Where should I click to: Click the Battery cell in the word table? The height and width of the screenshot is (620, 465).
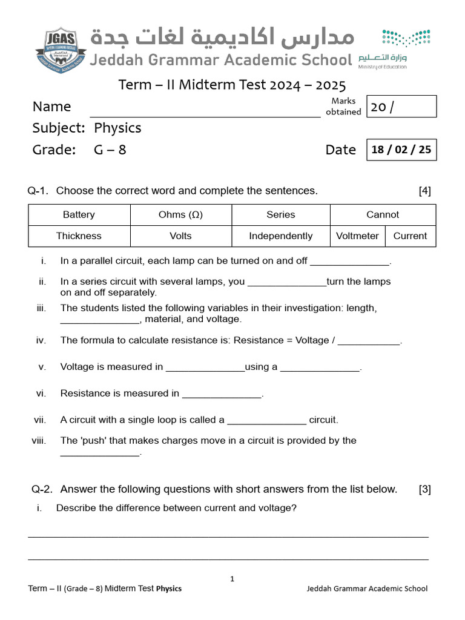click(79, 215)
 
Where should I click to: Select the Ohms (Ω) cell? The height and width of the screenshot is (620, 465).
click(180, 215)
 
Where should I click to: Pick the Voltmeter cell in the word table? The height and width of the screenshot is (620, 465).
click(357, 236)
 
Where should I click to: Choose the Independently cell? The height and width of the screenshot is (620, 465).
click(281, 236)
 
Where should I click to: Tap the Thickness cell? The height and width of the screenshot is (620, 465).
click(79, 236)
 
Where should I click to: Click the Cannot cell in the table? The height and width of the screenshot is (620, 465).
click(383, 215)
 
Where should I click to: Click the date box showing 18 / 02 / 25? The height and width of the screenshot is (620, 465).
click(401, 150)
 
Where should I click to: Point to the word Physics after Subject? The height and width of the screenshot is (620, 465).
click(117, 128)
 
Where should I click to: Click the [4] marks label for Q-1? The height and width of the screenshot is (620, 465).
click(424, 191)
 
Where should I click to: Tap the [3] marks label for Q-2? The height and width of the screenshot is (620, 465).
click(424, 489)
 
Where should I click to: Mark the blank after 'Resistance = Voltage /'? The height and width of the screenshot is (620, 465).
click(369, 343)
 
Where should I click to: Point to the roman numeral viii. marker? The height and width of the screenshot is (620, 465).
click(39, 441)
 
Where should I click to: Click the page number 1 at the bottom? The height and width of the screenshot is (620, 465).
click(232, 579)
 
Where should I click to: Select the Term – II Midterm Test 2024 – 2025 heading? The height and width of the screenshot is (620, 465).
click(232, 84)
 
